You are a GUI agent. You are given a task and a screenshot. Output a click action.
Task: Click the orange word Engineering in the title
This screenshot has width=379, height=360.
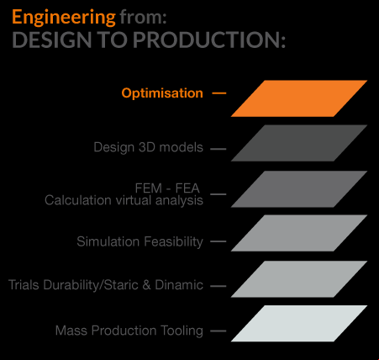[x=64, y=18]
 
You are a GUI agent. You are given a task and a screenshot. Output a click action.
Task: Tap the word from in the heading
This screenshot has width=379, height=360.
[x=143, y=18]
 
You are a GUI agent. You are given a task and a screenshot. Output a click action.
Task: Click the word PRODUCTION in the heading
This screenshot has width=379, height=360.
[x=209, y=40]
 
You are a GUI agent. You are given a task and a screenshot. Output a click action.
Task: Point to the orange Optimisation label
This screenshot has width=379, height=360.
[x=162, y=93]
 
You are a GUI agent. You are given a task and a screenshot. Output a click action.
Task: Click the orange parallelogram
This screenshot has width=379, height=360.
[x=299, y=98]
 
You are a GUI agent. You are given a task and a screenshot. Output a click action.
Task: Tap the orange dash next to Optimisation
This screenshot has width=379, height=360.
[x=218, y=93]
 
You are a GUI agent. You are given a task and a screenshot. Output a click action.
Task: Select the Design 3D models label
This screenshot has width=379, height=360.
[x=148, y=147]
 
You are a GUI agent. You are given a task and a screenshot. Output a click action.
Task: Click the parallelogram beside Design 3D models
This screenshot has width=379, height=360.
[x=299, y=143]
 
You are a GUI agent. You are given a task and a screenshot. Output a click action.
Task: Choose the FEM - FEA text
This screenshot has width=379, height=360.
[x=167, y=188]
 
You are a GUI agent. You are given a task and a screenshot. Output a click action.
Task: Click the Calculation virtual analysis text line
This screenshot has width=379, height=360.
[x=124, y=200]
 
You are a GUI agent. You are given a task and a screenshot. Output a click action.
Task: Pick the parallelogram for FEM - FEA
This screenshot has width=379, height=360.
[x=299, y=189]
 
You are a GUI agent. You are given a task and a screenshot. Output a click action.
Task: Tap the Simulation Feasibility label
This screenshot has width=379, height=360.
[x=139, y=241]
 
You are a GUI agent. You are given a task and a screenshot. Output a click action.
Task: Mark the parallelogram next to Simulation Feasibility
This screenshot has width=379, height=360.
[x=299, y=233]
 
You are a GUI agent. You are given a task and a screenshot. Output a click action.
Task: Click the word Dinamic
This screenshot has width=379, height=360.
[x=179, y=285]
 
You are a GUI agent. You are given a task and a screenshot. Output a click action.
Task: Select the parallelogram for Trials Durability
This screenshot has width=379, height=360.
[x=299, y=279]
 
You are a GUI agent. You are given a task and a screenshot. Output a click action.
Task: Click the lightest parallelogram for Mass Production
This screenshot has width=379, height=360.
[x=299, y=324]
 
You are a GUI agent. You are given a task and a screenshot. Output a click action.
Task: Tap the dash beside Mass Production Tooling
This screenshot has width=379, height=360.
[x=218, y=331]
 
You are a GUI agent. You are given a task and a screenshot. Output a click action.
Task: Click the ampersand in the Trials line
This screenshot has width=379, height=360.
[x=146, y=285]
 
